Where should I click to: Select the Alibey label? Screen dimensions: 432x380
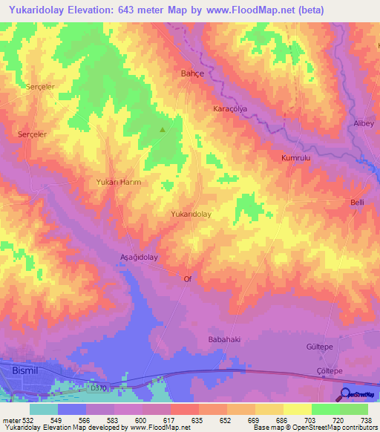(363, 122)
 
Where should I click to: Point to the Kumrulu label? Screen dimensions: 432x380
(295, 158)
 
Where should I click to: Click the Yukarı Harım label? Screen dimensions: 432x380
(119, 182)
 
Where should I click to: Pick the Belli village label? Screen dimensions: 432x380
(358, 202)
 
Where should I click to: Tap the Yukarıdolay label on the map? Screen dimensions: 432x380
(191, 214)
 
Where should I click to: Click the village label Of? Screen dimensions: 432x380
(188, 279)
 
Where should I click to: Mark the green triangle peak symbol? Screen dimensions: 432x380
(163, 129)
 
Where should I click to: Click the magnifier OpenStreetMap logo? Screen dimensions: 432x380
(347, 394)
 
